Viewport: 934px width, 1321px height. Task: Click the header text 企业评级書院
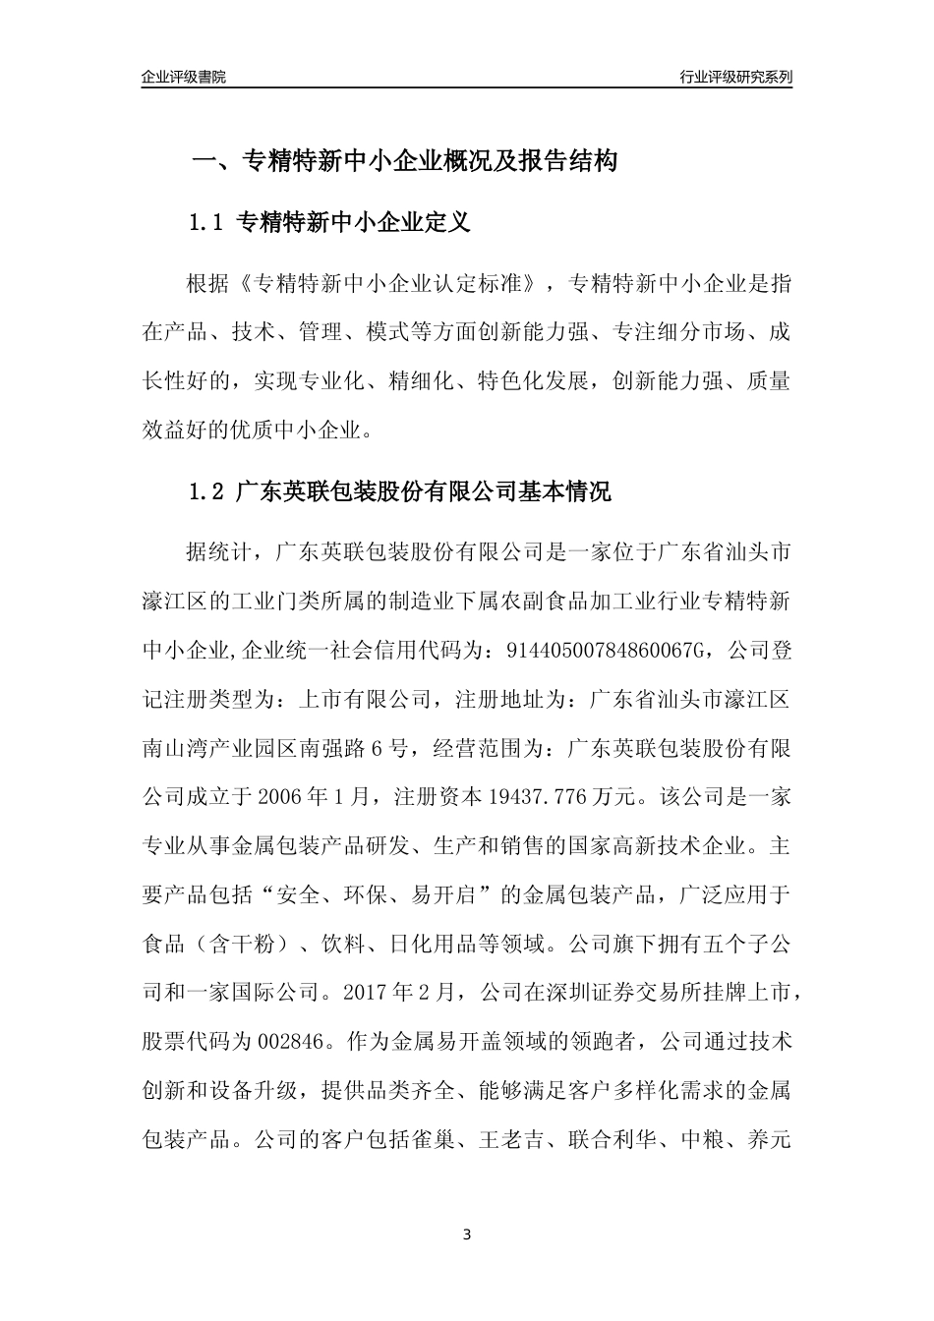click(x=184, y=77)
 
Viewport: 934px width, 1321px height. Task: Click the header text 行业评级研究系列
click(x=735, y=77)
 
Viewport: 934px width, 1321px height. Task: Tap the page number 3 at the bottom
click(x=467, y=1235)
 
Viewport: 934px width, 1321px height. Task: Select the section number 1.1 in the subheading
click(x=207, y=223)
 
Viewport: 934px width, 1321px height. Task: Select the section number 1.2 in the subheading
click(x=207, y=491)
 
